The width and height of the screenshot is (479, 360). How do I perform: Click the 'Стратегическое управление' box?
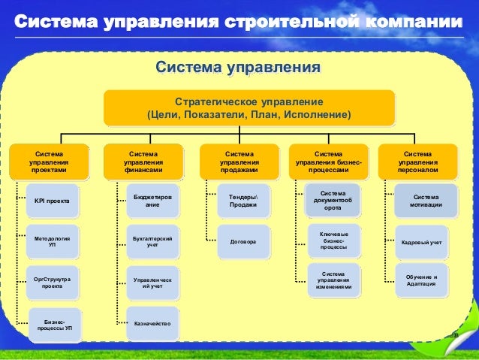[249, 108]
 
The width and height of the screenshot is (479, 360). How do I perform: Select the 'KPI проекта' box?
[52, 201]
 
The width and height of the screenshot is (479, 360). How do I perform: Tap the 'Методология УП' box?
[52, 241]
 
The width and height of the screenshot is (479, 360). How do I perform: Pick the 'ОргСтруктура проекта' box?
[52, 283]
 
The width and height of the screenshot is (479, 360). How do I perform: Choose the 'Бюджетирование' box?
[152, 201]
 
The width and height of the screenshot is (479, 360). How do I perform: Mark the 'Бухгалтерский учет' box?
[152, 241]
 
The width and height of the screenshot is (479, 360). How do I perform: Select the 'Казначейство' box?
[152, 323]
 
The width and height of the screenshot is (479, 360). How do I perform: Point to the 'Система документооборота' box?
[333, 201]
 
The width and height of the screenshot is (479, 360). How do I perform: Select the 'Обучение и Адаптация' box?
[422, 280]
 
